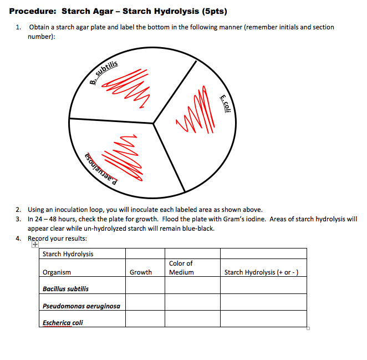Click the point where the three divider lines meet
(x=154, y=123)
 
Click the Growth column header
(x=140, y=272)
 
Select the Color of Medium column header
(x=181, y=268)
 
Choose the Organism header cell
(x=57, y=272)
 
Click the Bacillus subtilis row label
(x=65, y=289)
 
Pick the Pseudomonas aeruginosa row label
(x=81, y=306)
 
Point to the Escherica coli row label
(x=63, y=322)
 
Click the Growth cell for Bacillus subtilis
(x=145, y=286)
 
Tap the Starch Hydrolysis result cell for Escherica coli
(x=263, y=319)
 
